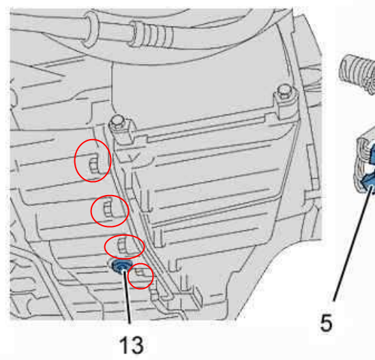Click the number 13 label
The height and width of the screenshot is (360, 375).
[x=132, y=345]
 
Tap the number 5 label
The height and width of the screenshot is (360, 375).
[x=327, y=323]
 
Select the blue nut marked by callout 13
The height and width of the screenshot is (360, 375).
[x=122, y=266]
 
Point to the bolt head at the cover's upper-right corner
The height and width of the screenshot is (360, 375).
[x=284, y=90]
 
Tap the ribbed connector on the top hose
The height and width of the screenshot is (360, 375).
[x=152, y=34]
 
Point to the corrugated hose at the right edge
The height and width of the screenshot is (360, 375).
[x=357, y=74]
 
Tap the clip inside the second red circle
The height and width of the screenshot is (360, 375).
[x=108, y=210]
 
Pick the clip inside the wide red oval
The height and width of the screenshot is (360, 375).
[x=123, y=245]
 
